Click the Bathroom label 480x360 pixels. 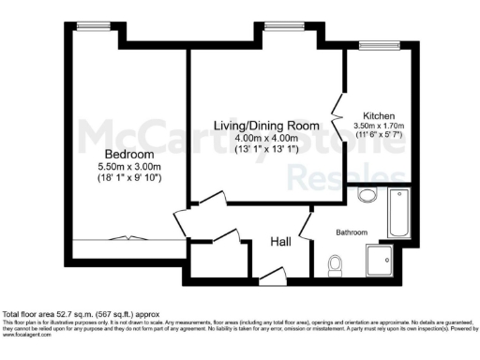[x=352, y=232]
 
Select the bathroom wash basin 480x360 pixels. [x=367, y=197]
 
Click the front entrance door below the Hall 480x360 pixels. [x=272, y=274]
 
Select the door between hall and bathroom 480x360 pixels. [x=306, y=225]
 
